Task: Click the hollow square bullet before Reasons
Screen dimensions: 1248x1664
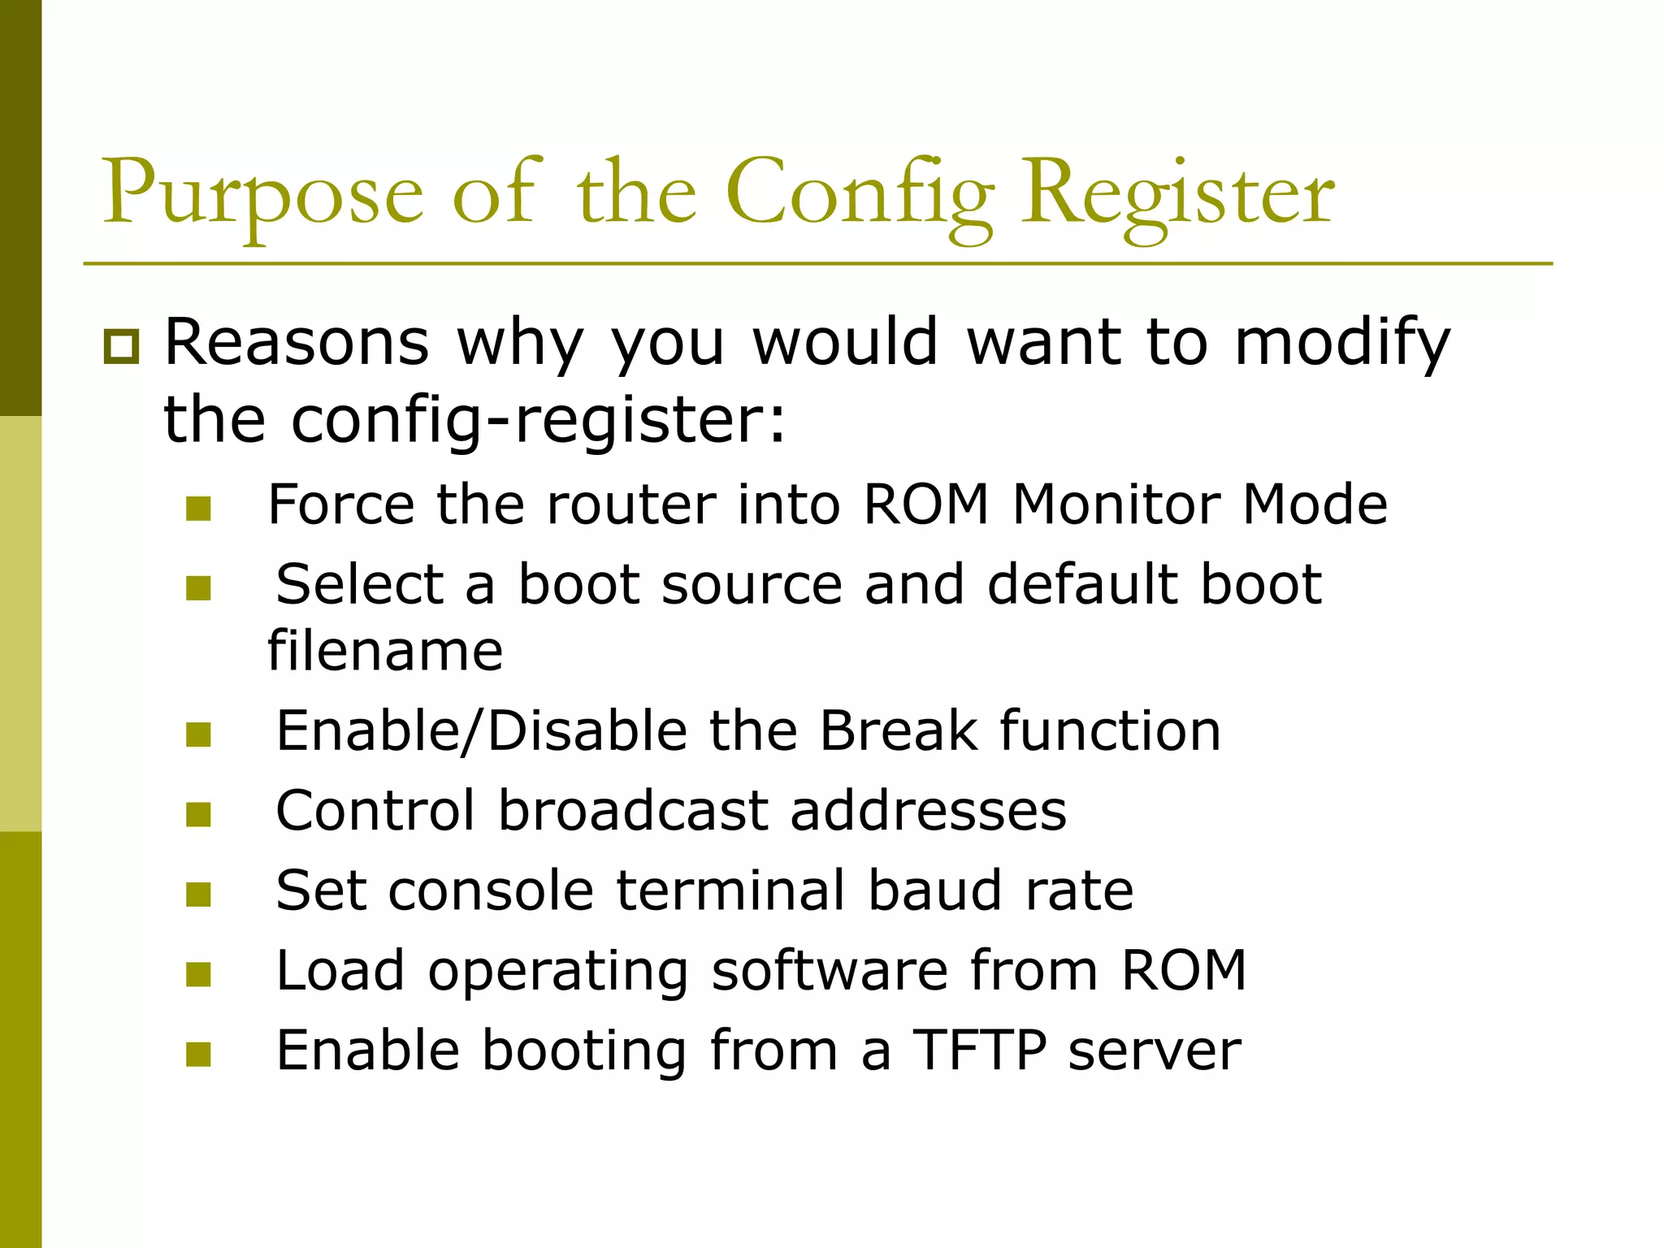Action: coord(122,347)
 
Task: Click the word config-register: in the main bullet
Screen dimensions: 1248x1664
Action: coord(539,420)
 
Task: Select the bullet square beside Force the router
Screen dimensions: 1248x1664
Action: coord(198,509)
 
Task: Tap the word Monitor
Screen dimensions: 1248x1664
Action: coord(1116,505)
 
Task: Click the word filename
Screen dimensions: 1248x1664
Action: coord(385,652)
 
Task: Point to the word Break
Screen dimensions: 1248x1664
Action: coord(898,730)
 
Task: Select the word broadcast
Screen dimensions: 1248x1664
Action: coord(633,811)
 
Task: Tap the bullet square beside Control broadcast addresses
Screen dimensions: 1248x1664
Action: coord(198,815)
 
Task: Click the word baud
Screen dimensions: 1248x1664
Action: coord(934,890)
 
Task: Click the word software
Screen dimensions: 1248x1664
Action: coord(830,970)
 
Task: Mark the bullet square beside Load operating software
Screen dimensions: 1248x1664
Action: coord(198,974)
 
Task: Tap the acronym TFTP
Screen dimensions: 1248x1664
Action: coord(980,1051)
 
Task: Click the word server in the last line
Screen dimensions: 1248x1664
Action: coord(1155,1051)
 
